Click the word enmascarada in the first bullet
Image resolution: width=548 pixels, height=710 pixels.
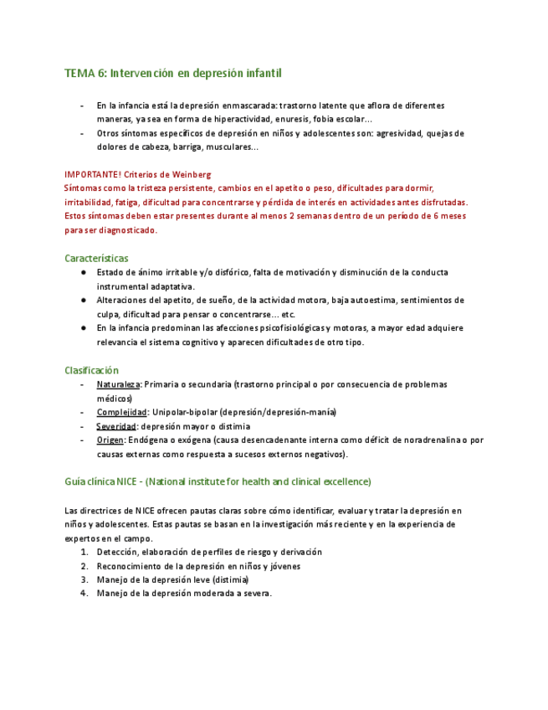click(x=248, y=105)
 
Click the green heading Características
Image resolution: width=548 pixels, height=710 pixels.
click(x=96, y=258)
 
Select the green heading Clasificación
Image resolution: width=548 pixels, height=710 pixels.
click(x=92, y=370)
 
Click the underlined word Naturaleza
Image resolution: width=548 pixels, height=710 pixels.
click(x=117, y=384)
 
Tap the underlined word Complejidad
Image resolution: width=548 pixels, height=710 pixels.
click(x=121, y=412)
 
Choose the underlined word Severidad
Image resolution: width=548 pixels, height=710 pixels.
click(x=116, y=426)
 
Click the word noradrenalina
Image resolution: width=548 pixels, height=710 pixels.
click(x=428, y=440)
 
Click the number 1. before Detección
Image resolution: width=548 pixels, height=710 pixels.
click(x=85, y=553)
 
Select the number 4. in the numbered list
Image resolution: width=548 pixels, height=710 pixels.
click(x=85, y=594)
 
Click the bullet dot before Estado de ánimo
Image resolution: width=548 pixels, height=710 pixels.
click(x=85, y=272)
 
